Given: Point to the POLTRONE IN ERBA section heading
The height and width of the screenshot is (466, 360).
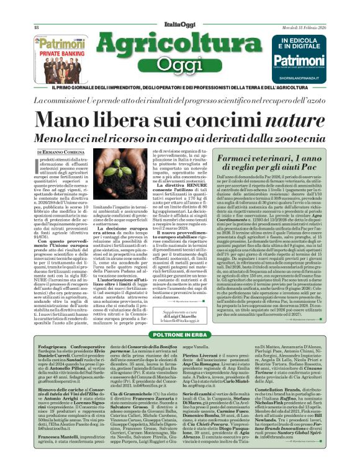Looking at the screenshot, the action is point(181,334).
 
